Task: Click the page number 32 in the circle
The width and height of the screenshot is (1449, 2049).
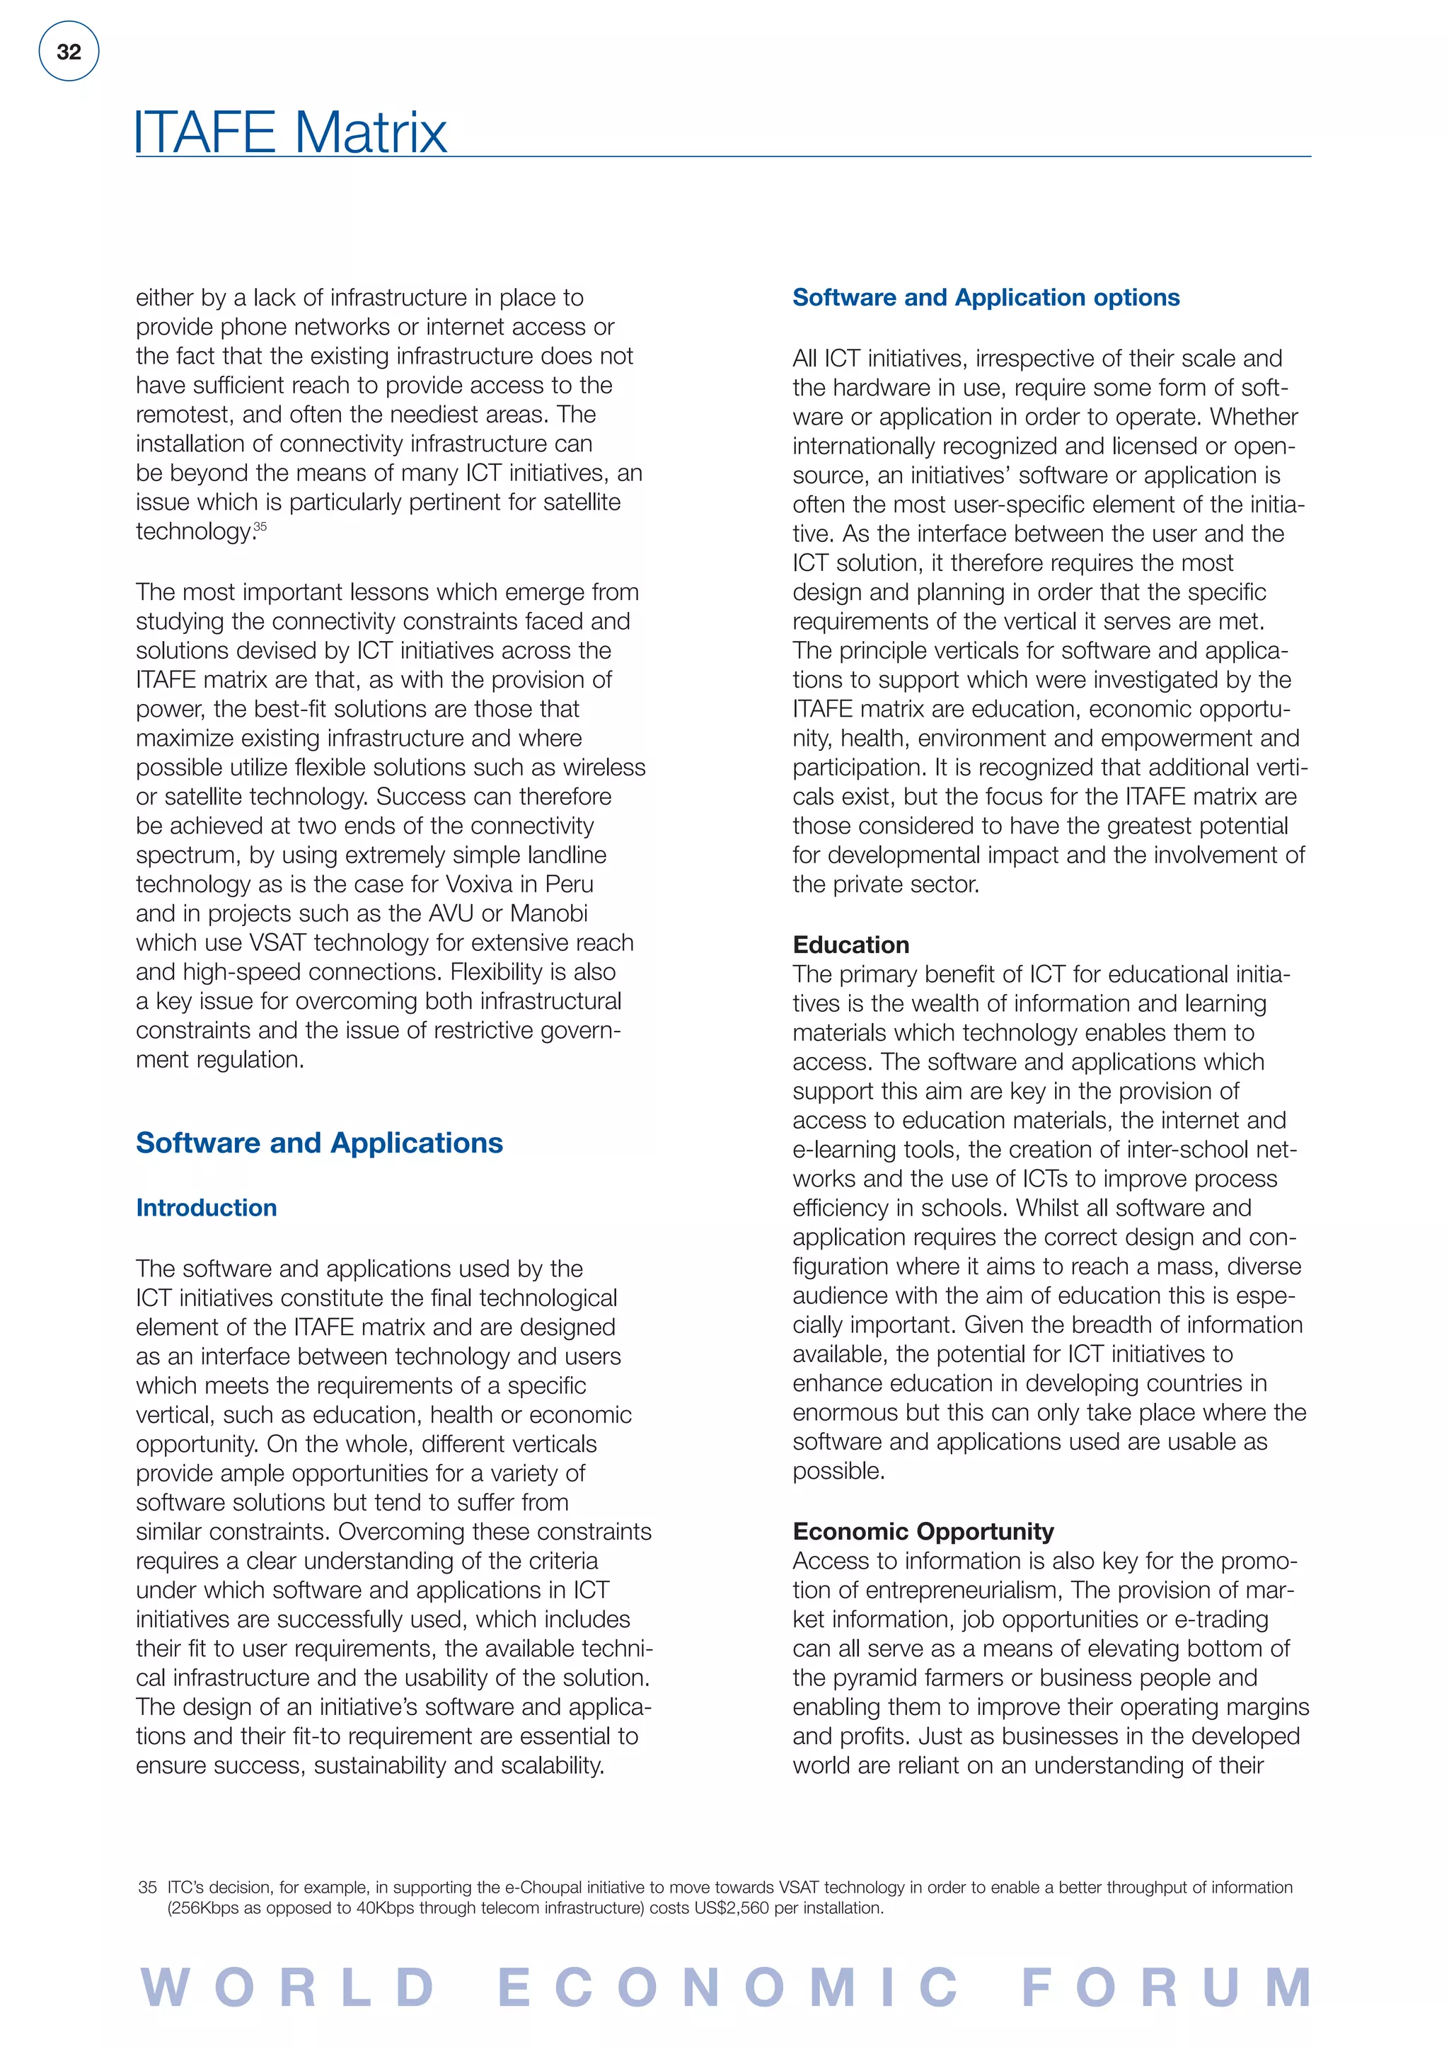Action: [x=69, y=52]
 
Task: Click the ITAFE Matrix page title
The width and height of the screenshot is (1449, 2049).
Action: [x=290, y=132]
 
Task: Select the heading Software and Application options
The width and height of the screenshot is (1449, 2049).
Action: [x=986, y=297]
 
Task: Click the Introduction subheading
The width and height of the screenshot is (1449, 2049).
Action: [x=206, y=1208]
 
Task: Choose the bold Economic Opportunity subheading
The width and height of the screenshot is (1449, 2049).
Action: [x=923, y=1531]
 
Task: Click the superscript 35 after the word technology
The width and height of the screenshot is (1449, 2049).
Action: [x=260, y=526]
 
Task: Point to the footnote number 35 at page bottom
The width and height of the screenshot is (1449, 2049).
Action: [x=147, y=1888]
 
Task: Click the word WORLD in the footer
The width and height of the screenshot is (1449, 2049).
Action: [x=288, y=1988]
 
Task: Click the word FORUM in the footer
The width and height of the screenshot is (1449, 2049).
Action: [x=1167, y=1988]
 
